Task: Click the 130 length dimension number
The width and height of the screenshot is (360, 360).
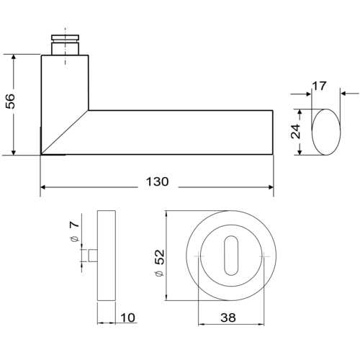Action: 157,181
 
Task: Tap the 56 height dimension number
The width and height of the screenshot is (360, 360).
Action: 10,101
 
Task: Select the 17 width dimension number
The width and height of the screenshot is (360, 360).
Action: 319,86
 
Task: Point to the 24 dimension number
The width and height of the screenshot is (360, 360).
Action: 295,131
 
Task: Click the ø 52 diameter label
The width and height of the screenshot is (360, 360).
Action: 160,263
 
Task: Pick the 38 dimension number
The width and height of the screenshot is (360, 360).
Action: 228,318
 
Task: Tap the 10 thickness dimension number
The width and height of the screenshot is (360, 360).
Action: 128,318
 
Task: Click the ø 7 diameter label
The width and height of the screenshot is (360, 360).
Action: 74,231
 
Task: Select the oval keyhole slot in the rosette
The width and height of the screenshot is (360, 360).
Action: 231,256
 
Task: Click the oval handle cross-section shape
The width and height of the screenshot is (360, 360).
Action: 326,132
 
